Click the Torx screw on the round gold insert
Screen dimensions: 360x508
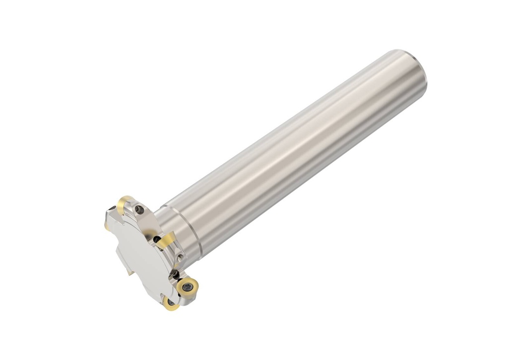(188, 286)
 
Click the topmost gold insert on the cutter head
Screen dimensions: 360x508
(124, 202)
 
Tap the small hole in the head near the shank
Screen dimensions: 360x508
(181, 257)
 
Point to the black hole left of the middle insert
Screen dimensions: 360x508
(157, 240)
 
